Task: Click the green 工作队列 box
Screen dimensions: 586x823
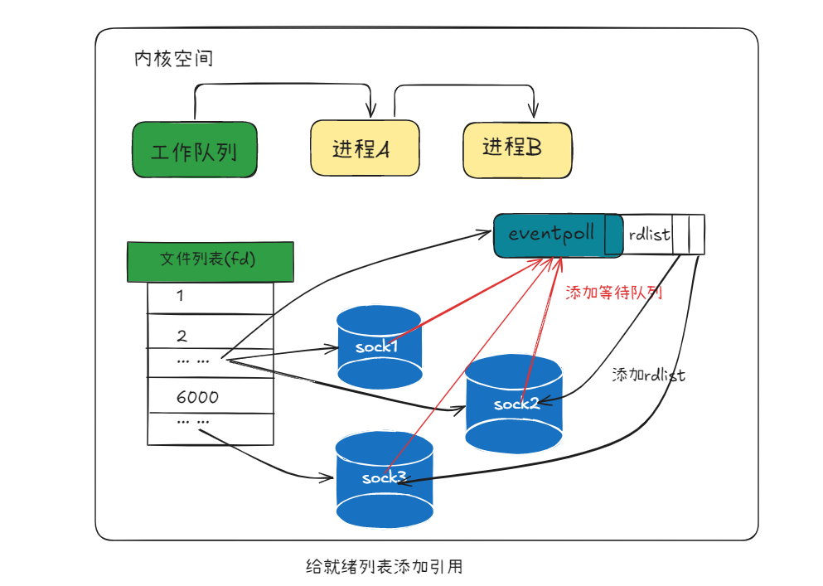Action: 195,150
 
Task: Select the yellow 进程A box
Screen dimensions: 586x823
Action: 364,148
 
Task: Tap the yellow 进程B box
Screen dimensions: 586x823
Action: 517,148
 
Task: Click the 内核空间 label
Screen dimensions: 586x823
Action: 173,60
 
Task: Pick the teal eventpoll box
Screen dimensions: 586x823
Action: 550,235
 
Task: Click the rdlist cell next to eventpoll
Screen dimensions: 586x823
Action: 648,235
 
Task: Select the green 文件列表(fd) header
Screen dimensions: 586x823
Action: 210,261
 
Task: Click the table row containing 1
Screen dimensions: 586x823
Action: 210,298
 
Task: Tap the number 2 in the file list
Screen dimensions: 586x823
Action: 182,336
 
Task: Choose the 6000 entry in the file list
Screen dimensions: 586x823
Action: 197,397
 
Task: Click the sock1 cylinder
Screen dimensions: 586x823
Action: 380,346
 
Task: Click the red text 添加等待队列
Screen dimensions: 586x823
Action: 613,293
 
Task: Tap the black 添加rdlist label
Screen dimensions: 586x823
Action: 648,375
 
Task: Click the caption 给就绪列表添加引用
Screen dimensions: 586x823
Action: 384,567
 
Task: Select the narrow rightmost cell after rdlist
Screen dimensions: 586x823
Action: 696,235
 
